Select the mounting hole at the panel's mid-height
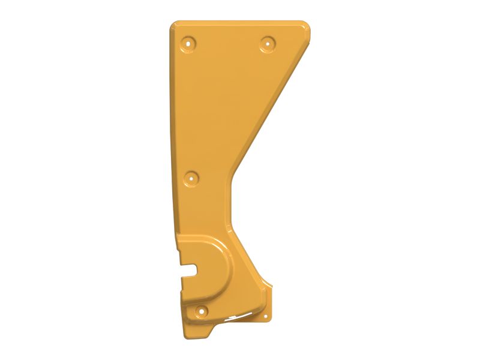pos(191,178)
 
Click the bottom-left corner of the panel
pos(187,337)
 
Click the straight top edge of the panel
pos(240,22)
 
